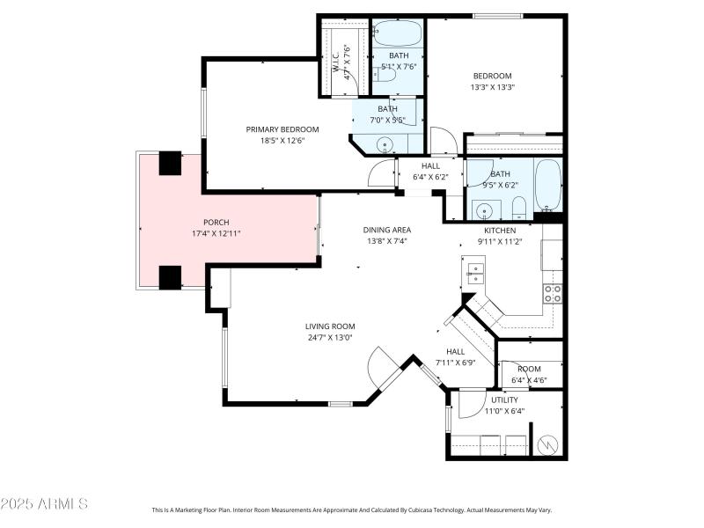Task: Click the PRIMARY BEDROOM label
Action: tap(282, 129)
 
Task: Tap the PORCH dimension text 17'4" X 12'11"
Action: tap(216, 233)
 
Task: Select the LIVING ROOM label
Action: tap(330, 326)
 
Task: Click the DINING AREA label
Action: tap(387, 230)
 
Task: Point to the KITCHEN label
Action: tap(500, 231)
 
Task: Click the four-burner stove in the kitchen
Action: tap(553, 294)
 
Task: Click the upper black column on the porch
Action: tap(170, 163)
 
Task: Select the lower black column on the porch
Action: tap(170, 277)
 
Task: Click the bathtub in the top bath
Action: tap(398, 33)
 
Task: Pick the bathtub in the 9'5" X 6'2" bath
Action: tap(548, 185)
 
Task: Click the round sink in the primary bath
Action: tap(385, 144)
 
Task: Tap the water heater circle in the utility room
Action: tap(548, 444)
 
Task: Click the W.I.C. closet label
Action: tap(335, 62)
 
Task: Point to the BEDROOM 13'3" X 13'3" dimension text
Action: tap(492, 87)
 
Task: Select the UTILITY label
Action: tap(504, 400)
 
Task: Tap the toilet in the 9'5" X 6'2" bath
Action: tap(519, 208)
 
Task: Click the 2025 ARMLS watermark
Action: tap(44, 503)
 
